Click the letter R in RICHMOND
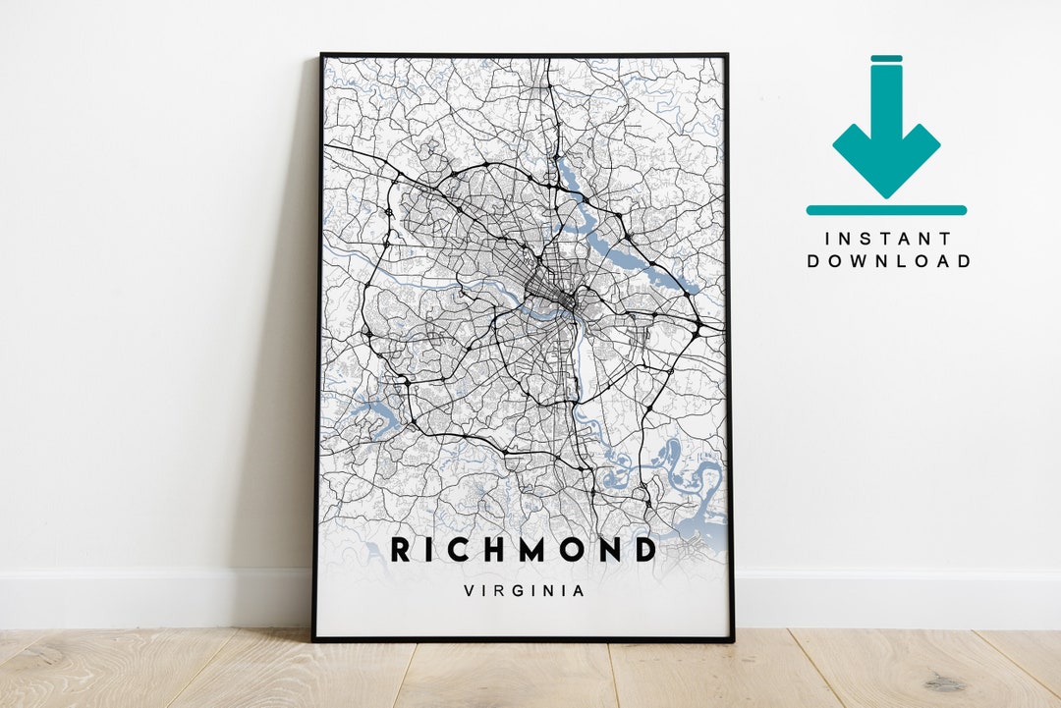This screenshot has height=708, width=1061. coord(402,550)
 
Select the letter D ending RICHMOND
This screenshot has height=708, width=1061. coord(642,550)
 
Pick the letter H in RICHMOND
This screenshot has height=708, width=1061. coord(485,550)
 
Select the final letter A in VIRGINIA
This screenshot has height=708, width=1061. coord(581,591)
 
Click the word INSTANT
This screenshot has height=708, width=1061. coord(888,239)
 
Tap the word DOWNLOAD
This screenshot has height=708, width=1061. coord(888,261)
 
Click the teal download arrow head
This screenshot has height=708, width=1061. coord(886,157)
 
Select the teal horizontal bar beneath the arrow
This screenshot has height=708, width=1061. coord(886,209)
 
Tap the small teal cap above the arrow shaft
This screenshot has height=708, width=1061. coord(886,59)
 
